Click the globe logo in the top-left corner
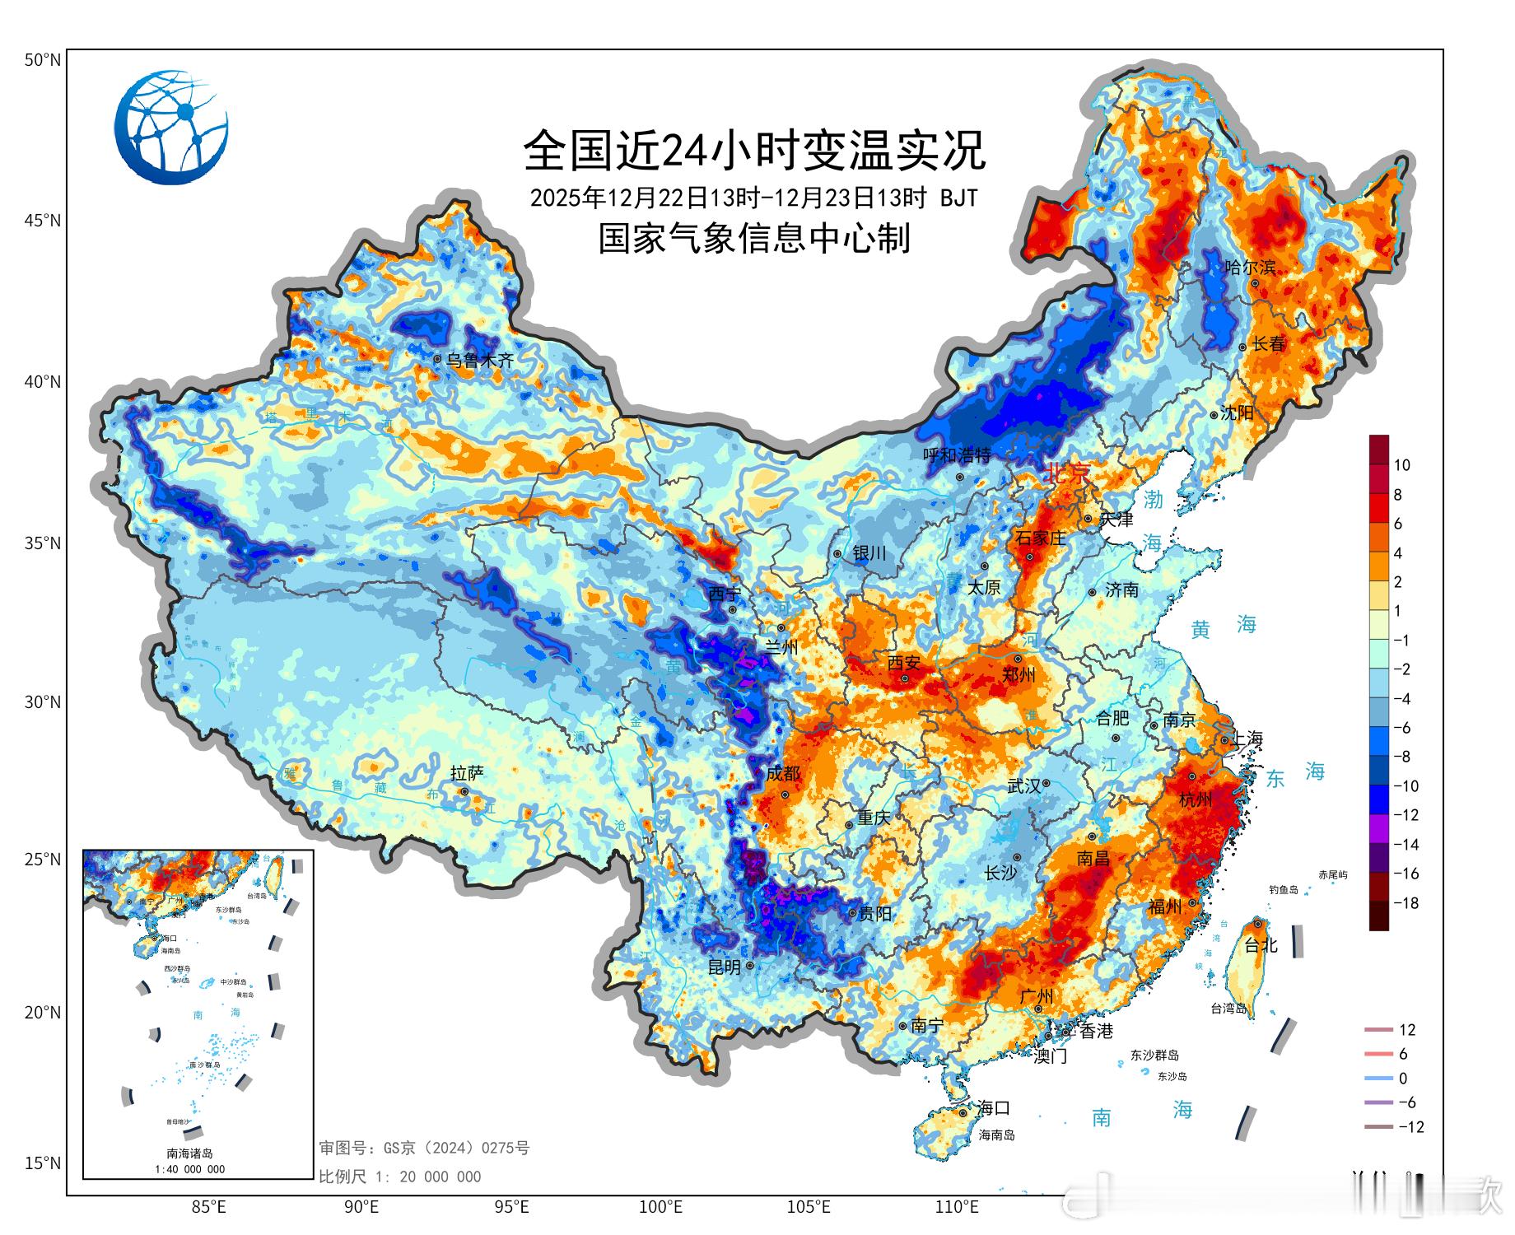(x=171, y=128)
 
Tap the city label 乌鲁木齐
(x=479, y=360)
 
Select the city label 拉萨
(x=467, y=774)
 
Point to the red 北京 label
(x=1067, y=473)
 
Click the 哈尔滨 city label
(x=1250, y=268)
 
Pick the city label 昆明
(x=725, y=967)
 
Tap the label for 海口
(x=993, y=1108)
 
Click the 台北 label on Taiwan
(x=1261, y=945)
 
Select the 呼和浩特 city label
(x=956, y=455)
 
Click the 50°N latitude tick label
(x=43, y=60)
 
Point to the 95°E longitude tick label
(x=511, y=1207)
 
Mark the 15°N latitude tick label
(x=43, y=1163)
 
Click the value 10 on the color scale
(x=1401, y=465)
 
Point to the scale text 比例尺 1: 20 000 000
(x=400, y=1177)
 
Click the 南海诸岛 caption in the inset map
(x=189, y=1153)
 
